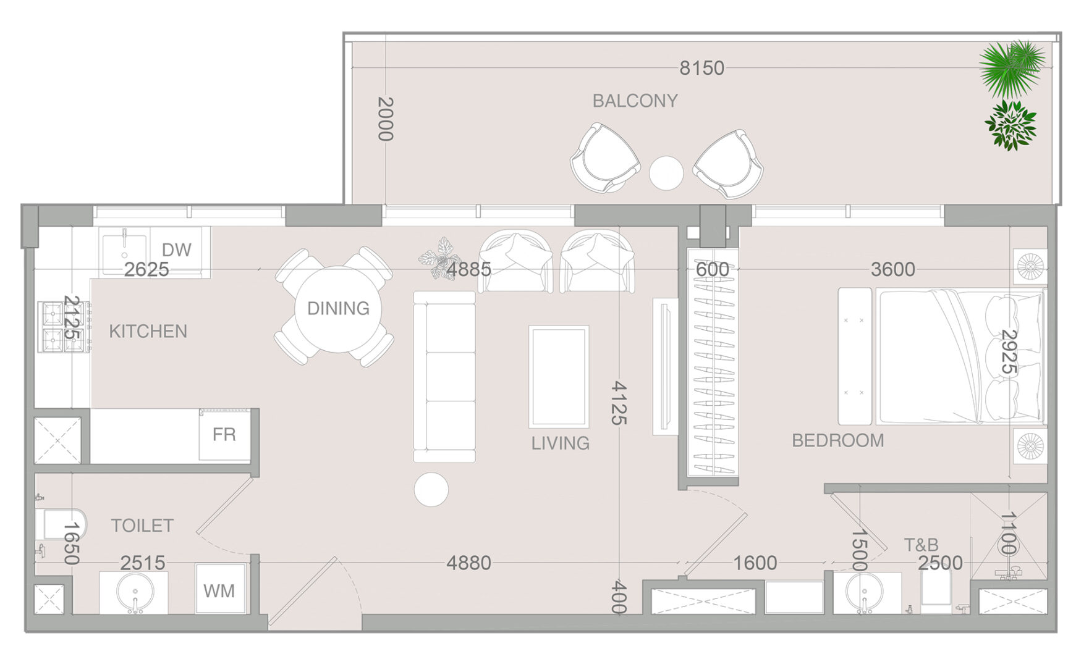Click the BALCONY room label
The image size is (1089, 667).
tap(635, 101)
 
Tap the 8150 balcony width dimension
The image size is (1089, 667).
tap(701, 68)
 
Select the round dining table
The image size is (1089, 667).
tap(337, 309)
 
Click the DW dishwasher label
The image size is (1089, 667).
tap(177, 250)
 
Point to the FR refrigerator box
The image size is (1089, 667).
tap(224, 434)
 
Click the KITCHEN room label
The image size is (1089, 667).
tap(148, 332)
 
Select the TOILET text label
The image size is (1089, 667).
tap(142, 526)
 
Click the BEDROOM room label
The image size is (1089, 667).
tap(837, 440)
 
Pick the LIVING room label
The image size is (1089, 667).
tap(560, 443)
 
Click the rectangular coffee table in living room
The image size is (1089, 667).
tap(559, 377)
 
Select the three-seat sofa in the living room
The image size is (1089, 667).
tap(444, 377)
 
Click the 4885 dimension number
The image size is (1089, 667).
tap(468, 269)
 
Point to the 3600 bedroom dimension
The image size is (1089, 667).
tap(892, 269)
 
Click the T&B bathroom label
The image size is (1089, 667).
tap(921, 545)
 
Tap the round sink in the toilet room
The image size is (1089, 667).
tap(135, 592)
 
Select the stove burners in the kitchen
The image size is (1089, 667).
tap(64, 327)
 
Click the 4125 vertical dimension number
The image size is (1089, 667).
tap(619, 403)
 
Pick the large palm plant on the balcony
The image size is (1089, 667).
tap(1011, 69)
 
